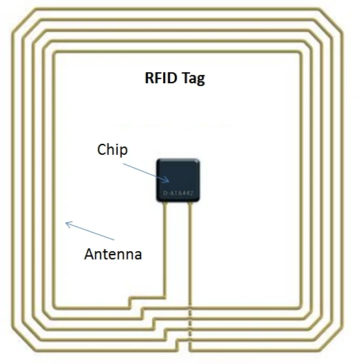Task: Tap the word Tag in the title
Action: point(193,78)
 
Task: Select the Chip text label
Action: point(112,150)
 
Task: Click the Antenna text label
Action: point(113,254)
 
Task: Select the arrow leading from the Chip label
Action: point(145,170)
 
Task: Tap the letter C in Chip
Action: point(102,150)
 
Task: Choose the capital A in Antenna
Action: point(89,254)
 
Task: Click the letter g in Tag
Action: point(200,80)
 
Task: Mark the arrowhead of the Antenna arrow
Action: point(67,223)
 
